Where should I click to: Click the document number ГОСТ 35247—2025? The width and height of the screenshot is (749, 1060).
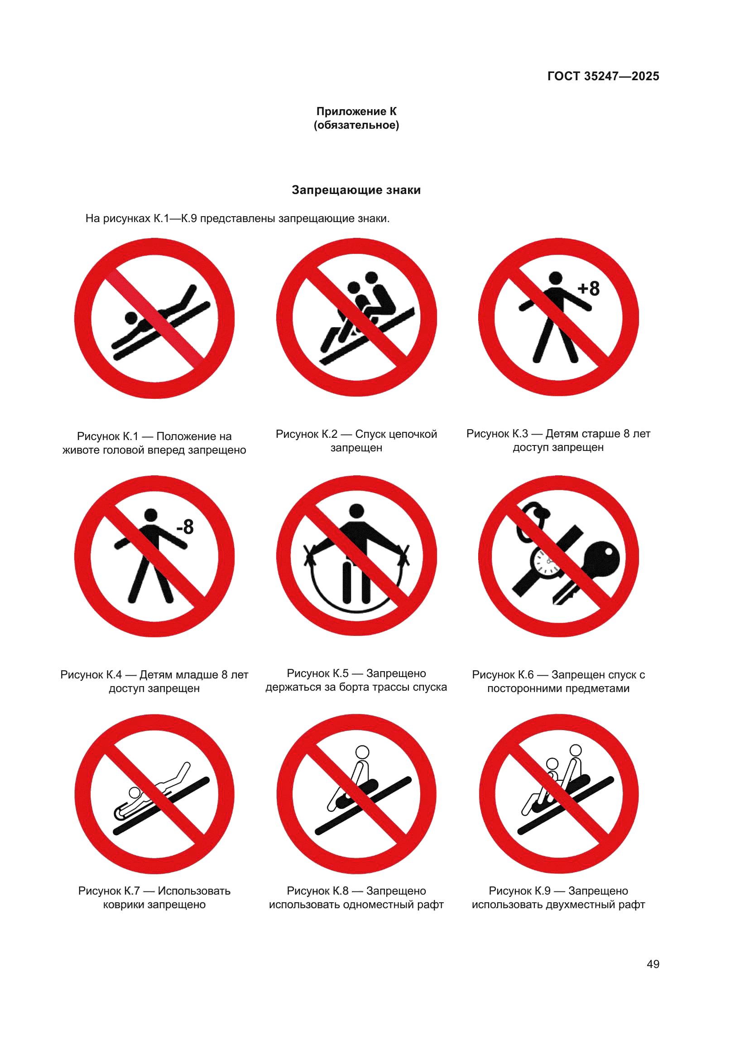tap(603, 76)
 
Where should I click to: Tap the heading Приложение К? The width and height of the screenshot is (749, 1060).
tap(356, 111)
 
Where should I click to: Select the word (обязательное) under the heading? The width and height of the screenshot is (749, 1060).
tap(356, 125)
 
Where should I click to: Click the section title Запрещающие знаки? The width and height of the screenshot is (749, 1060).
tap(356, 190)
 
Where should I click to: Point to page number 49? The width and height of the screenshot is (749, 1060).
tap(653, 964)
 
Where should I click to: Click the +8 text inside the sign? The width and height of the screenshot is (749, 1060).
tap(589, 289)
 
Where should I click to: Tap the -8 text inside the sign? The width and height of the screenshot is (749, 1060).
tap(185, 527)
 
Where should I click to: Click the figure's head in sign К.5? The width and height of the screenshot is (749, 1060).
tap(356, 511)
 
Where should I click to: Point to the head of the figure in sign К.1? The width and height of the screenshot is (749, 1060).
tap(131, 318)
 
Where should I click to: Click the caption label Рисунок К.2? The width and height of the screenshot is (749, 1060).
tap(306, 434)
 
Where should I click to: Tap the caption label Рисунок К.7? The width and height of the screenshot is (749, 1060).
tap(109, 891)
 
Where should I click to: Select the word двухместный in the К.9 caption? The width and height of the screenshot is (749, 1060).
tap(580, 905)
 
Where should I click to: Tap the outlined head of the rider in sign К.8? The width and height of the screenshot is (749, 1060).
tap(362, 752)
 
